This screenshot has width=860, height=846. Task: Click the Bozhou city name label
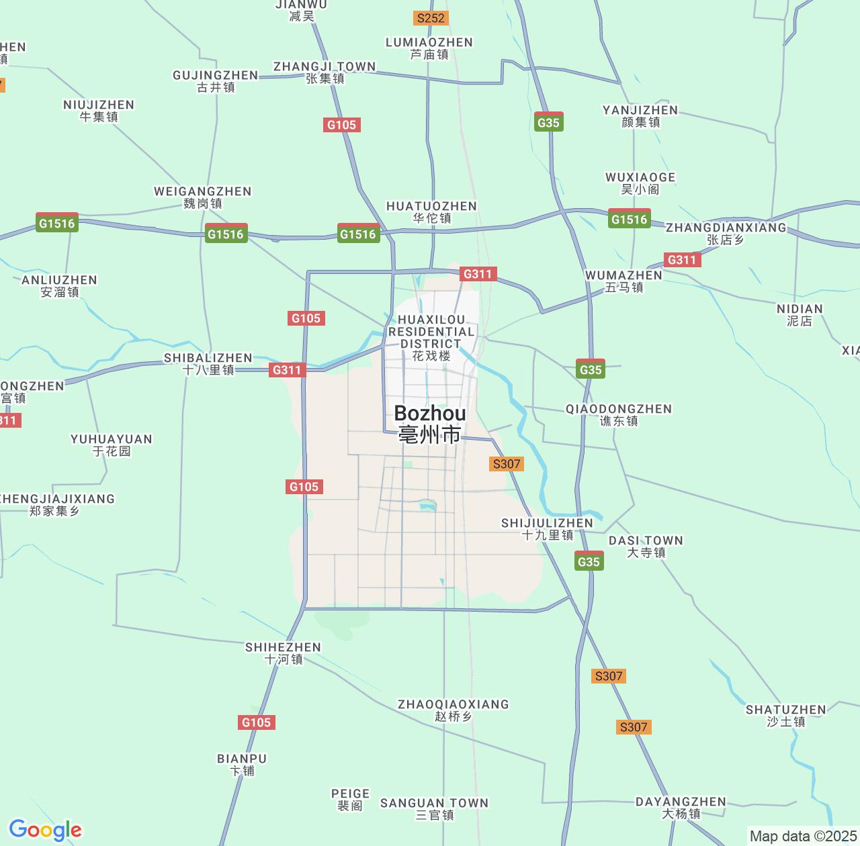429,424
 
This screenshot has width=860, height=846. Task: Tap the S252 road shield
431,18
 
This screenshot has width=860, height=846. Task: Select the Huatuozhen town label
431,211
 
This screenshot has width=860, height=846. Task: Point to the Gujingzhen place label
215,81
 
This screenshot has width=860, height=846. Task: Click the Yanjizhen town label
640,115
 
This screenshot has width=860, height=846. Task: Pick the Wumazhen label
623,281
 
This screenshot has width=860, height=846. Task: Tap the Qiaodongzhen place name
619,414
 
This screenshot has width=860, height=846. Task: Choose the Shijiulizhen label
548,528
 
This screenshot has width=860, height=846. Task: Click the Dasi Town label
646,546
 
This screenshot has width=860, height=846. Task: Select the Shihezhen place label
283,653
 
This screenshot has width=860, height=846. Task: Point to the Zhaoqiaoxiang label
454,710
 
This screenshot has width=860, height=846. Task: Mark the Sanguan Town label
435,808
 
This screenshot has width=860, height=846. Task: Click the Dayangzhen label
681,807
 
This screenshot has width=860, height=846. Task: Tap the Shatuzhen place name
785,715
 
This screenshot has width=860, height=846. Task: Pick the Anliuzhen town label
59,285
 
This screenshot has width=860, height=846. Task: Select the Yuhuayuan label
112,444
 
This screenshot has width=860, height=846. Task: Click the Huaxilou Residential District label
431,337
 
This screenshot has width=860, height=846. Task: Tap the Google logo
45,830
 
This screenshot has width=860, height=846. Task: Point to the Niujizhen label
99,110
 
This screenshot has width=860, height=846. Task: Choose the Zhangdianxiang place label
726,233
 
